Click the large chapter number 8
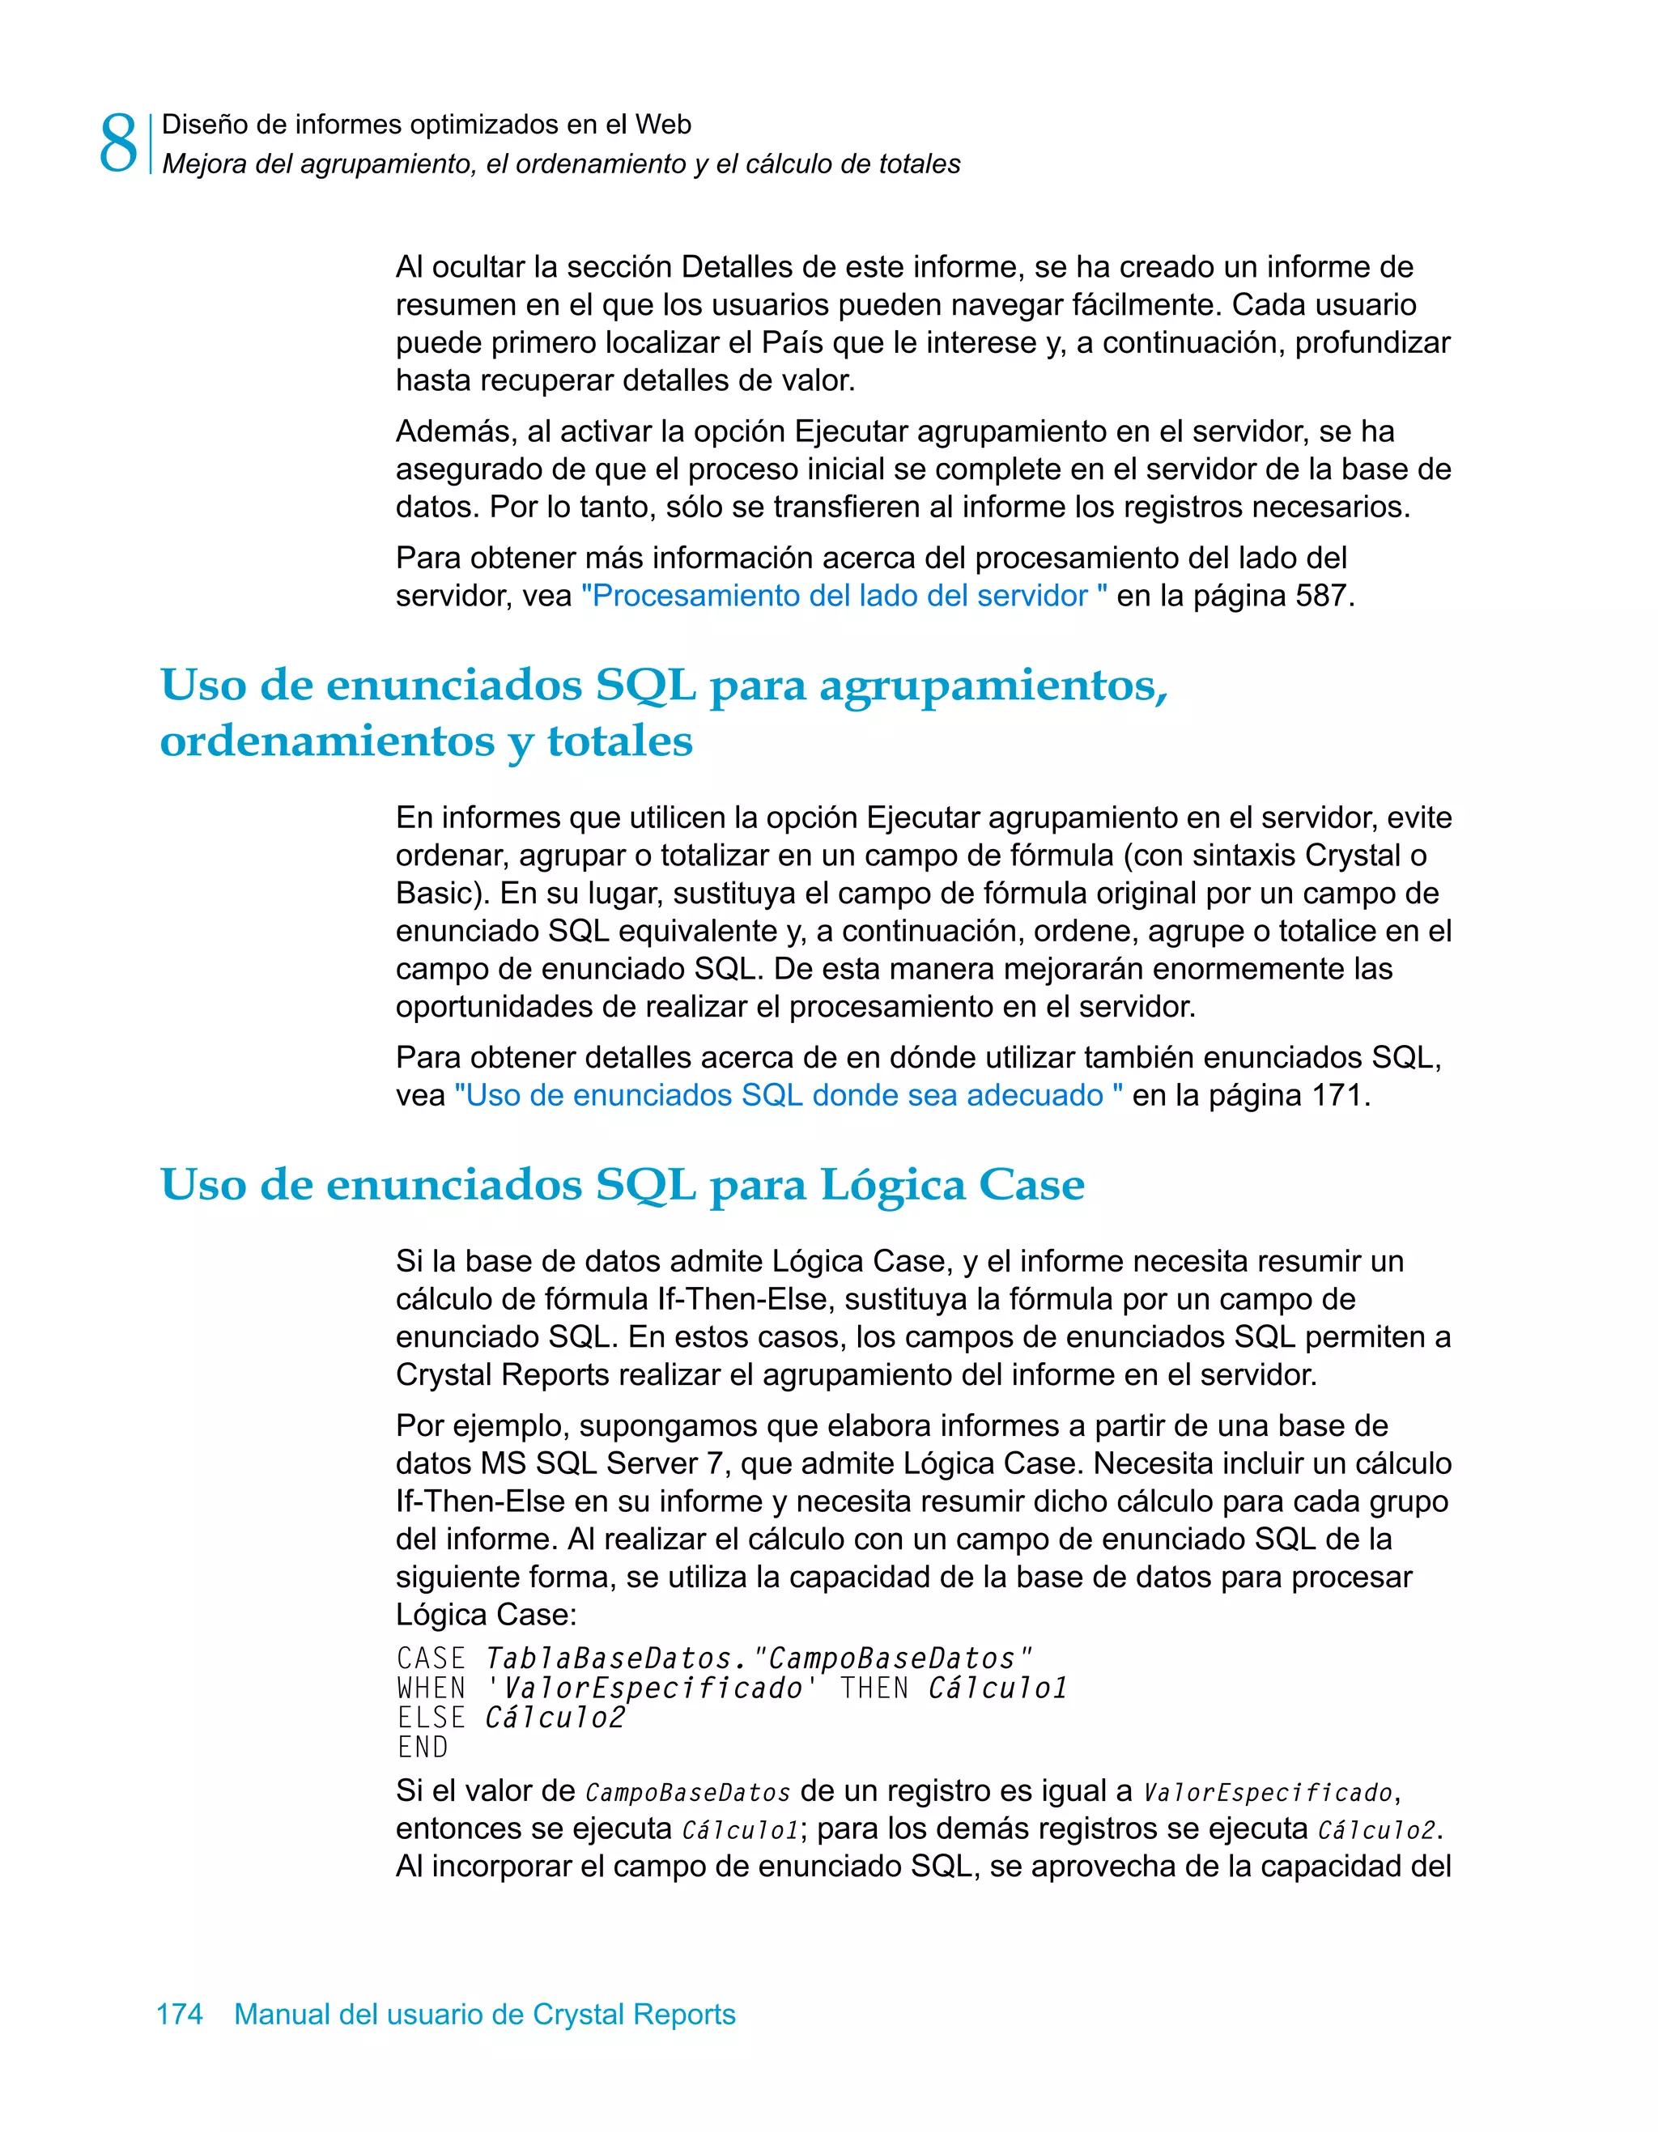(x=118, y=143)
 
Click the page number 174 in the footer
(x=180, y=2014)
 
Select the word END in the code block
(x=423, y=1748)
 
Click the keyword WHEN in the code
(x=432, y=1688)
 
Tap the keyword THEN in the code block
(x=874, y=1688)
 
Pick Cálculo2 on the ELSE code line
(x=555, y=1717)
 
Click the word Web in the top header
(x=663, y=125)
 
